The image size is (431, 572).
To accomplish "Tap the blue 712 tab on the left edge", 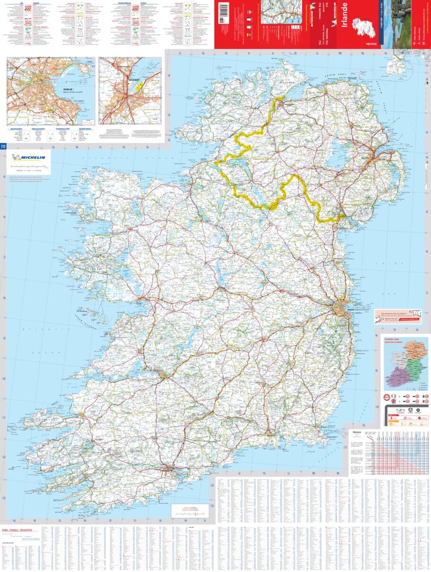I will [3, 146].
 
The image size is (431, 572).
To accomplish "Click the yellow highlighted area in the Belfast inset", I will [139, 86].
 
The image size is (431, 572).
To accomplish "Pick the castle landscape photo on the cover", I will [401, 24].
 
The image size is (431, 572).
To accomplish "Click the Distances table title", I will [358, 432].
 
